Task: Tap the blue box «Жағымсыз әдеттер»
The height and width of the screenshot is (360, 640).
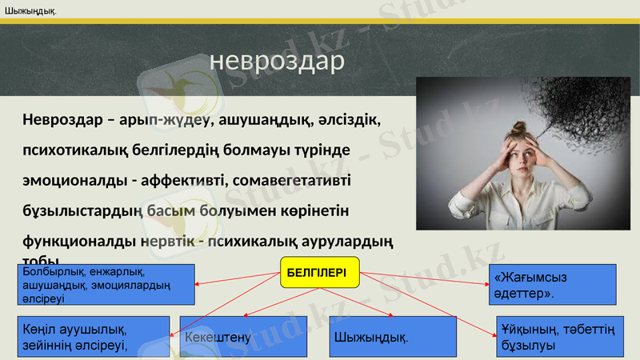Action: [551, 284]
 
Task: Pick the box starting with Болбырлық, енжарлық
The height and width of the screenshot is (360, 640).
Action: [106, 285]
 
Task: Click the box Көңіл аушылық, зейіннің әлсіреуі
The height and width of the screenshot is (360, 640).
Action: [93, 337]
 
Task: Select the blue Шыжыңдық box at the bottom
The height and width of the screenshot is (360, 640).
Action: [392, 337]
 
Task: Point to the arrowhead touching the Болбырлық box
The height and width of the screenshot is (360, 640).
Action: [198, 285]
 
